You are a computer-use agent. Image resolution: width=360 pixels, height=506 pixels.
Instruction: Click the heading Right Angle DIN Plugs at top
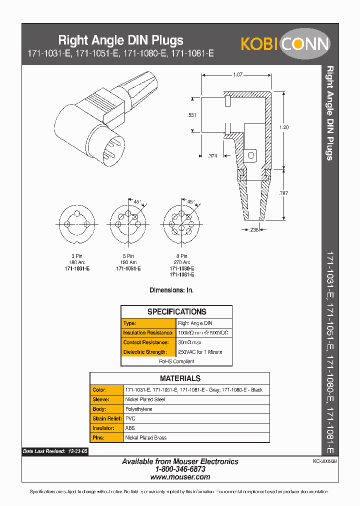[121, 40]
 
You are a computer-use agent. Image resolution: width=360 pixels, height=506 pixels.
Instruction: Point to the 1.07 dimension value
[237, 74]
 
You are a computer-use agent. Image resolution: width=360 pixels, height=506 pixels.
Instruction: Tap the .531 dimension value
[191, 115]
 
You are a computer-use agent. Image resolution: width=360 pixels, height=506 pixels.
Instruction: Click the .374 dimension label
[212, 156]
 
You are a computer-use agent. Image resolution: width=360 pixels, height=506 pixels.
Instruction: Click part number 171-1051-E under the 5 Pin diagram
[128, 268]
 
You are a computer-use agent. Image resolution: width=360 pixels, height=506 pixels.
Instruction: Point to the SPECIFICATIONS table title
[176, 311]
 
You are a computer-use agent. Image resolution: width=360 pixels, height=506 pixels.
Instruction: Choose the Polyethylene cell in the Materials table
[138, 409]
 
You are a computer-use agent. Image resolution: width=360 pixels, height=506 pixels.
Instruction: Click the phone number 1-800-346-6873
[180, 469]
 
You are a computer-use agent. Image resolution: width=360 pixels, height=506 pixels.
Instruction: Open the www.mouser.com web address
[180, 477]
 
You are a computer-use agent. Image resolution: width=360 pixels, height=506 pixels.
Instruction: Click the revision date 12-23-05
[77, 451]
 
